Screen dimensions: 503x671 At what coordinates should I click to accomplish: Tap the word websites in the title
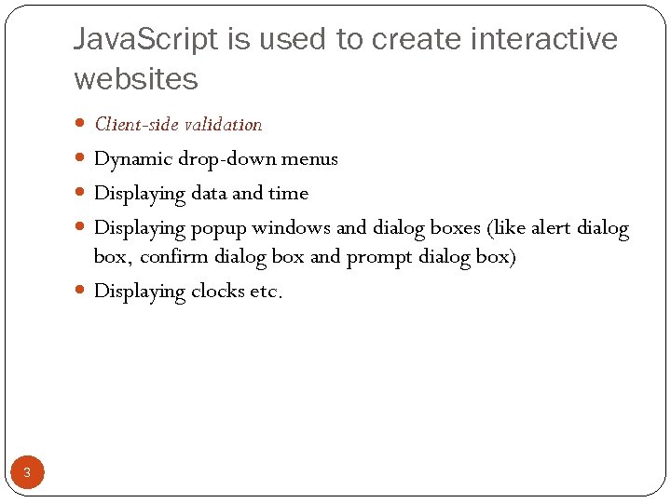tap(136, 80)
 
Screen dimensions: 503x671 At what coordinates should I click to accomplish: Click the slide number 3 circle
tap(27, 473)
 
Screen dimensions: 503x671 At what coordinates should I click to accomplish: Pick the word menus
tap(310, 159)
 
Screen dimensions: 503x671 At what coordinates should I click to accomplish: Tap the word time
tap(288, 194)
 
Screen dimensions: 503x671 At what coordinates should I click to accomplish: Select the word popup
tap(219, 228)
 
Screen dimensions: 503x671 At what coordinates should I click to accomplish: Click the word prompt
tap(377, 257)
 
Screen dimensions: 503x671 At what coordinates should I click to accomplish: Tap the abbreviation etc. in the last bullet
tap(265, 292)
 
